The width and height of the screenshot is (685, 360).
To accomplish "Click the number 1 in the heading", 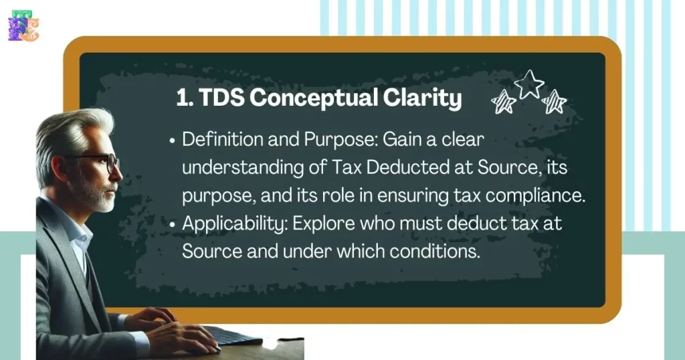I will tap(182, 98).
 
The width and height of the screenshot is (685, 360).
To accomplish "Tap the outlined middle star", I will tap(529, 85).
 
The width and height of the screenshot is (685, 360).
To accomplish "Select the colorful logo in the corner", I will tap(23, 25).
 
